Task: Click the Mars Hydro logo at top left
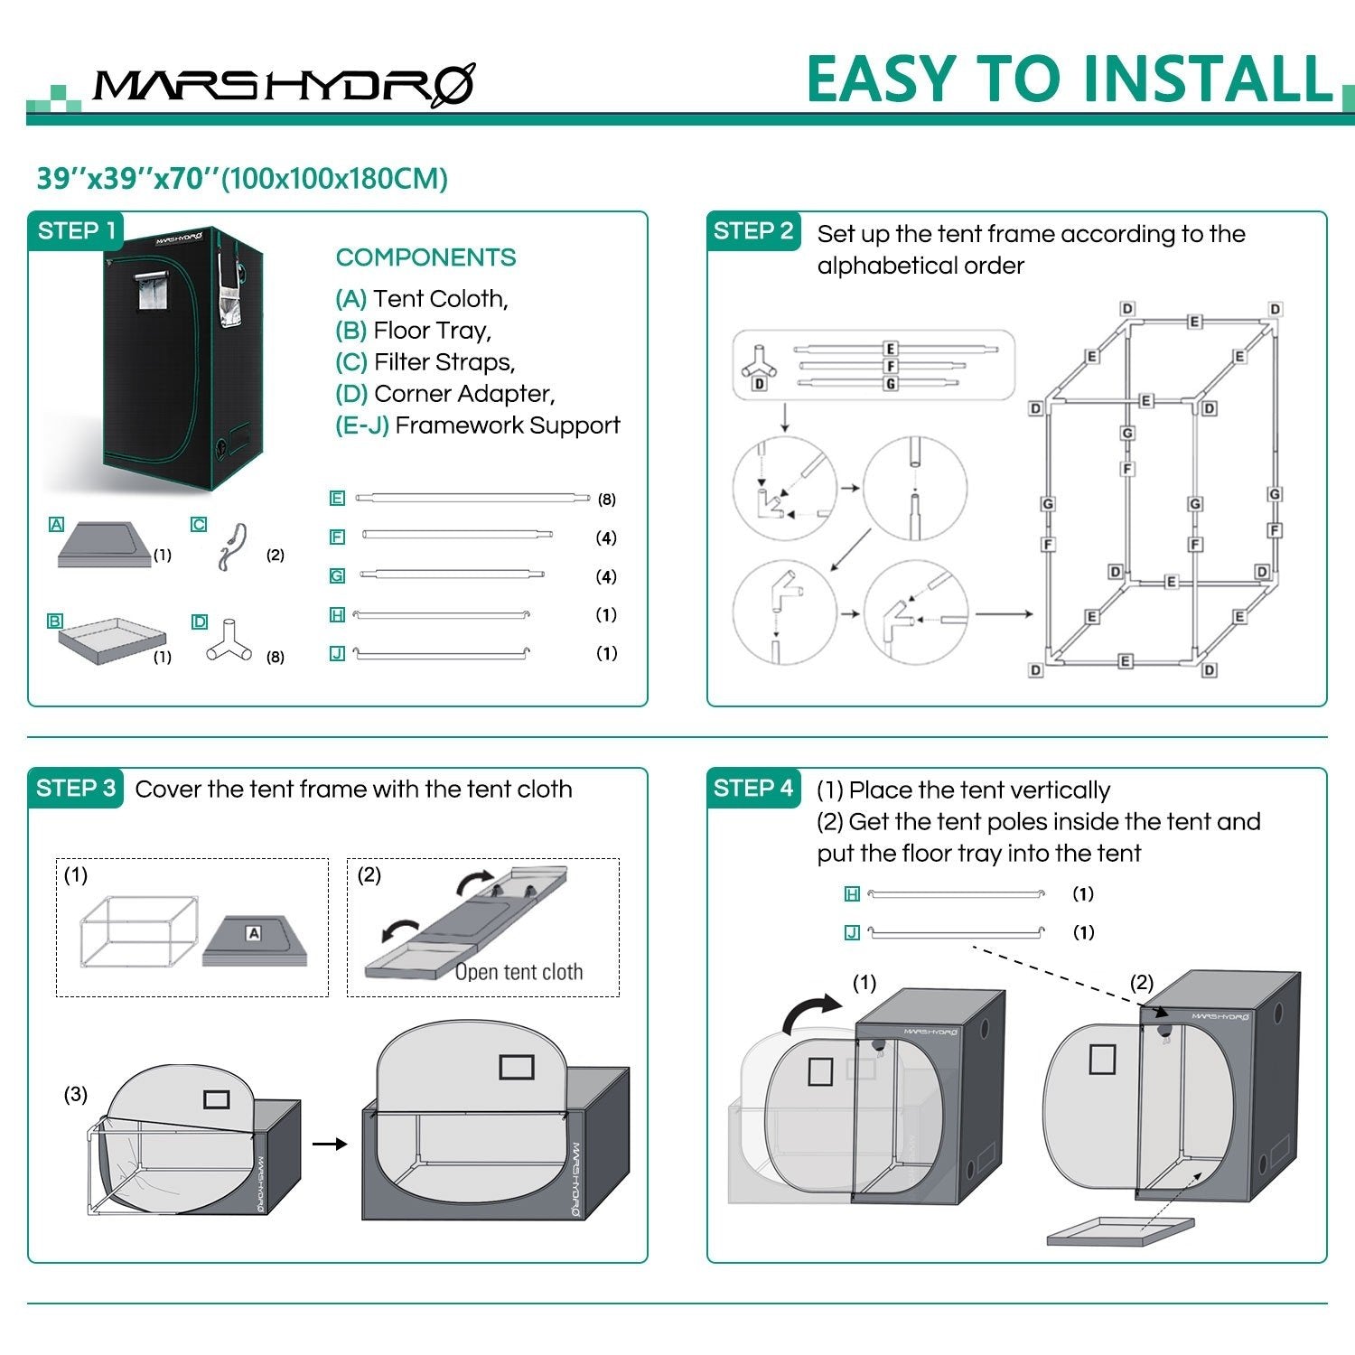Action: pyautogui.click(x=283, y=86)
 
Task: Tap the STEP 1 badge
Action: pyautogui.click(x=76, y=231)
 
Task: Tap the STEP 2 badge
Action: pyautogui.click(x=752, y=231)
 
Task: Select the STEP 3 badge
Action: pyautogui.click(x=76, y=789)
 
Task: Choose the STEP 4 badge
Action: pyautogui.click(x=752, y=789)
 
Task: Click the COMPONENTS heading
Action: pyautogui.click(x=425, y=257)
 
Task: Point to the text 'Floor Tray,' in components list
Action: pyautogui.click(x=432, y=331)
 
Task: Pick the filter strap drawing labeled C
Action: pyautogui.click(x=231, y=547)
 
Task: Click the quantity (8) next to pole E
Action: pyautogui.click(x=606, y=500)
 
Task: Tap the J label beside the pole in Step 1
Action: pyautogui.click(x=337, y=653)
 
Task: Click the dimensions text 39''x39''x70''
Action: pyautogui.click(x=128, y=179)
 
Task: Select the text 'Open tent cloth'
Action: pyautogui.click(x=519, y=973)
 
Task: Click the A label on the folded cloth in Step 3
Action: pyautogui.click(x=254, y=933)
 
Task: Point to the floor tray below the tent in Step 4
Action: pyautogui.click(x=1120, y=1230)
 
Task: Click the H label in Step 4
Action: pyautogui.click(x=851, y=894)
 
